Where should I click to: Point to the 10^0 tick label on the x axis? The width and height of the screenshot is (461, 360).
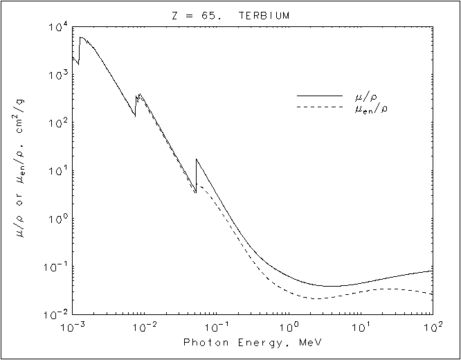[x=289, y=326]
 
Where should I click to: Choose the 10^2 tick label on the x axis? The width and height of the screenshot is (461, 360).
[x=433, y=326]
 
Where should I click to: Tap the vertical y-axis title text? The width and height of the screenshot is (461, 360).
[x=21, y=170]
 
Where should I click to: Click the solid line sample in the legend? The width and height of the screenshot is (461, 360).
[x=319, y=96]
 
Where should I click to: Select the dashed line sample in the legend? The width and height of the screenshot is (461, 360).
[x=319, y=107]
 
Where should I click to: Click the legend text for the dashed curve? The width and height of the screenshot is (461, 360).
[x=370, y=108]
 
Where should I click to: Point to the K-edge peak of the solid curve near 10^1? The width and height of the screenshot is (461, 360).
[x=197, y=159]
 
